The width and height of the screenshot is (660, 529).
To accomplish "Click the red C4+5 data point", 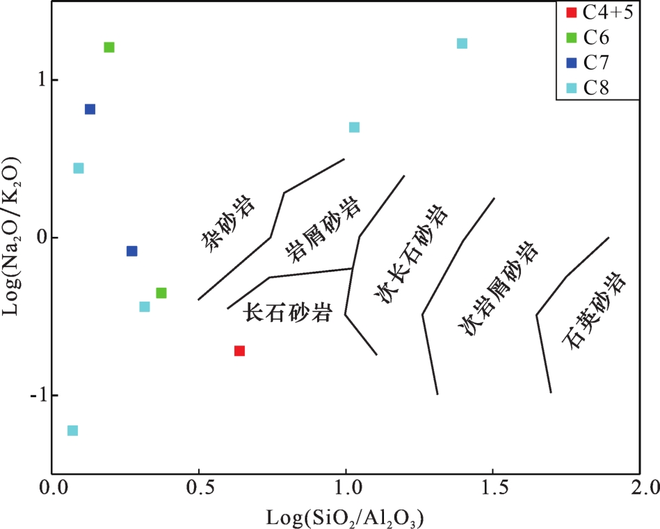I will (239, 351).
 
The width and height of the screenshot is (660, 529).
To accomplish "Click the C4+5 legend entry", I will (598, 13).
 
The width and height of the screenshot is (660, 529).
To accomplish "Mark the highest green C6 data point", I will (109, 47).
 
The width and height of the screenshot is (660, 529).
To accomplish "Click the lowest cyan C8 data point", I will (72, 431).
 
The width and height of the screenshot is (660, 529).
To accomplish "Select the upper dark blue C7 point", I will (90, 109).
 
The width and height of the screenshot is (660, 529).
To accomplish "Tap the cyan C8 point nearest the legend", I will (462, 44).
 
